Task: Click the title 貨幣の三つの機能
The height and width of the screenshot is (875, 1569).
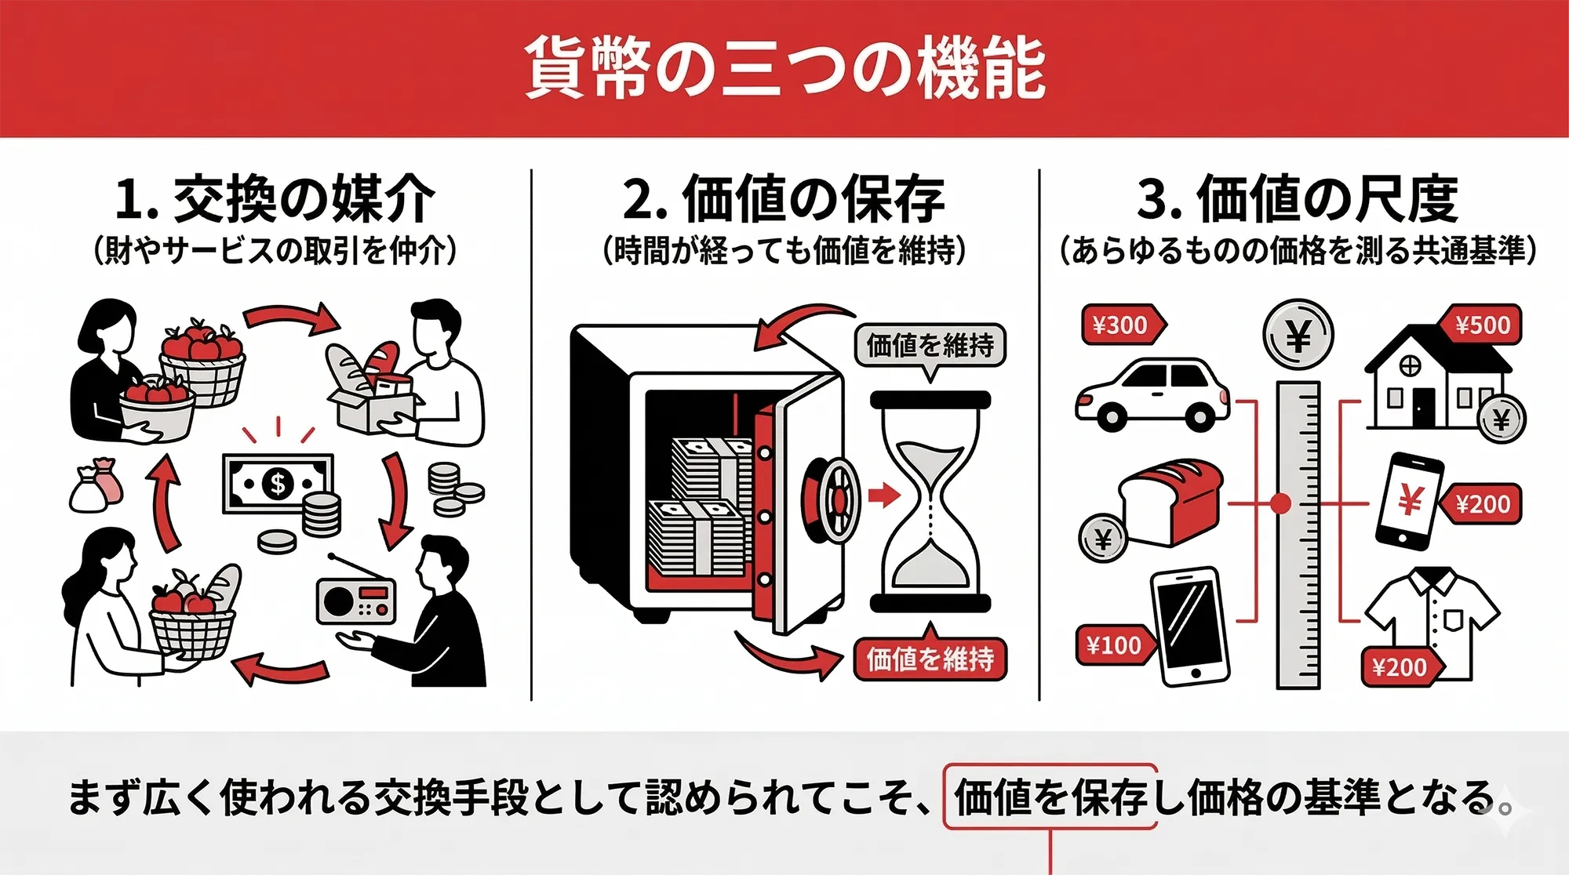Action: pos(784,68)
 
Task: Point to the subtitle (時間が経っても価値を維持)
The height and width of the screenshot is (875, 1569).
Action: pos(784,251)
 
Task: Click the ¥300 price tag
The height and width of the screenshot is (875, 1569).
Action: pos(1121,325)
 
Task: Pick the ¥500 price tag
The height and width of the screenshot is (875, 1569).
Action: pos(1481,325)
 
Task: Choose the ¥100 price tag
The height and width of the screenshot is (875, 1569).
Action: pos(1115,645)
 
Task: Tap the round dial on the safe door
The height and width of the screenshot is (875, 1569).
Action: pos(834,499)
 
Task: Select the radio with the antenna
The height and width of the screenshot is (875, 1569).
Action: pos(355,601)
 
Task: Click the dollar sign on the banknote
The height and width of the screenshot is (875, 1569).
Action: pos(277,484)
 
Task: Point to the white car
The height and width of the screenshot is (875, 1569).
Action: pos(1152,396)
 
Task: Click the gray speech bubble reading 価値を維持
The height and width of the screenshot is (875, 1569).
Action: pos(930,345)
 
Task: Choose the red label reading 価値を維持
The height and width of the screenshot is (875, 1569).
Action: pos(930,659)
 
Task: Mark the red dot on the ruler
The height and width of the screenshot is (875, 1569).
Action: pos(1280,503)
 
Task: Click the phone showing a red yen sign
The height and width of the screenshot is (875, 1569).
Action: pos(1410,500)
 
